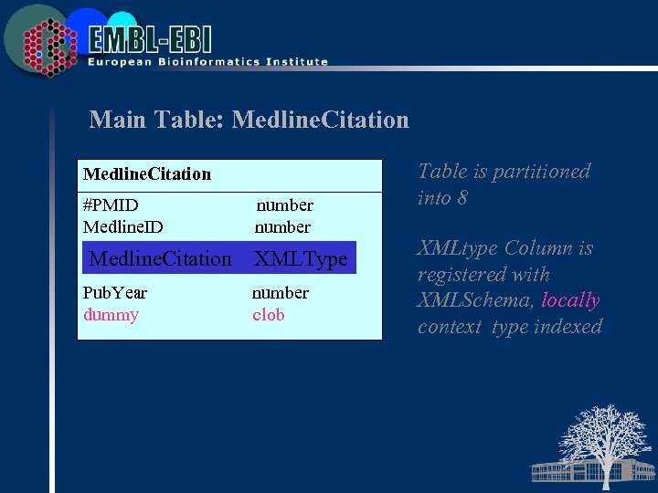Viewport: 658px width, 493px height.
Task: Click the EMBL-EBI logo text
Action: tap(151, 38)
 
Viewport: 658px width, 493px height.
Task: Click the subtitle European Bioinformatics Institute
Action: tap(207, 62)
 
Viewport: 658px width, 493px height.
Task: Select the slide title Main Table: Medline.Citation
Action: tap(249, 120)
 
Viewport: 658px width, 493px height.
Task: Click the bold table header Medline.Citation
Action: tap(146, 173)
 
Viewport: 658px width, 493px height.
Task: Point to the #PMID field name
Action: tap(111, 205)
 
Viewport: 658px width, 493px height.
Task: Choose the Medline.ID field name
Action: tap(122, 226)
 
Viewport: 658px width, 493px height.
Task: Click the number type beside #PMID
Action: tap(284, 205)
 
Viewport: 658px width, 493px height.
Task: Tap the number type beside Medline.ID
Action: tap(282, 226)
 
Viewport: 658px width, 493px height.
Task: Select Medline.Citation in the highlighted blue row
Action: tap(160, 258)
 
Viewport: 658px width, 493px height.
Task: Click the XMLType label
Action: tap(301, 258)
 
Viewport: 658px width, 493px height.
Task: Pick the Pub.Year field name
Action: tap(114, 293)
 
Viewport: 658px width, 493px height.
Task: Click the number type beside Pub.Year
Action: tap(281, 293)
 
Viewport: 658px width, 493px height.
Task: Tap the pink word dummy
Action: tap(111, 315)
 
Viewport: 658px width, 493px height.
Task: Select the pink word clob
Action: tap(269, 315)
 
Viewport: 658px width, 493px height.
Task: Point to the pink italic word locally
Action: tap(570, 300)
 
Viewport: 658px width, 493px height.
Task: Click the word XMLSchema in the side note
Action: tap(476, 300)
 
